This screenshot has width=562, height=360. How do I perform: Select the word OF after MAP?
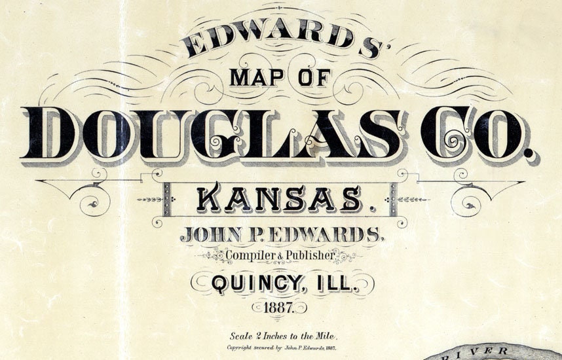[314, 79]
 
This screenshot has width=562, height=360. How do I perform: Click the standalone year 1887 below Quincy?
[281, 306]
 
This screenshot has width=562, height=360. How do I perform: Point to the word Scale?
[241, 336]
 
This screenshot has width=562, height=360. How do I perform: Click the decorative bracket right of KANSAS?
[393, 199]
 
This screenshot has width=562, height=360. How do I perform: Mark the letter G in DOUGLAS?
[226, 133]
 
